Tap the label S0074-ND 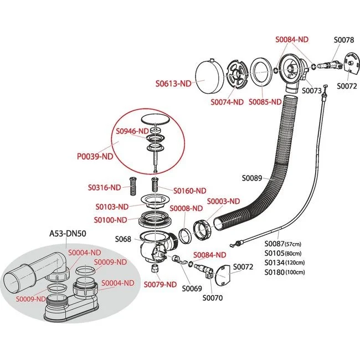point(227,102)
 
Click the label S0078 point(343,40)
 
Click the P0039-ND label point(95,156)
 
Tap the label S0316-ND point(104,187)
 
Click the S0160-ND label point(189,191)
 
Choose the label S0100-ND point(111,220)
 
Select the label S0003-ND point(223,201)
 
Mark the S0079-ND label point(160,285)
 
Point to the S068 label point(123,239)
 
